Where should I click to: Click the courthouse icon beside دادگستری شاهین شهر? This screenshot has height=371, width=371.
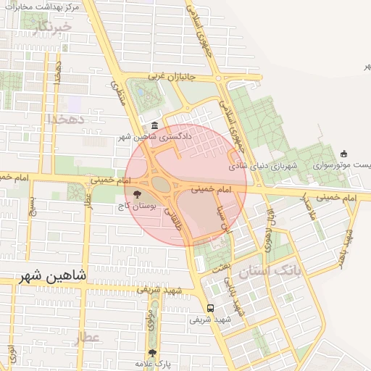[156, 125]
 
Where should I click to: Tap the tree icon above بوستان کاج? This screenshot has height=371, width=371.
[137, 193]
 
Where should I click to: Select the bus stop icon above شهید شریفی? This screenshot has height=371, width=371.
[210, 307]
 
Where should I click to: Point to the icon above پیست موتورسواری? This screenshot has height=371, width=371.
[343, 154]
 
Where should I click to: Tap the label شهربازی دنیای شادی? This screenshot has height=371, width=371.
[264, 166]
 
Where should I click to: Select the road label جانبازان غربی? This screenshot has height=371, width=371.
[172, 75]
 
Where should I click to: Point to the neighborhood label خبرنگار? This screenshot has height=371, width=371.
[52, 28]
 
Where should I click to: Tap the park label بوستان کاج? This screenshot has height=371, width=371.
[137, 207]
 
